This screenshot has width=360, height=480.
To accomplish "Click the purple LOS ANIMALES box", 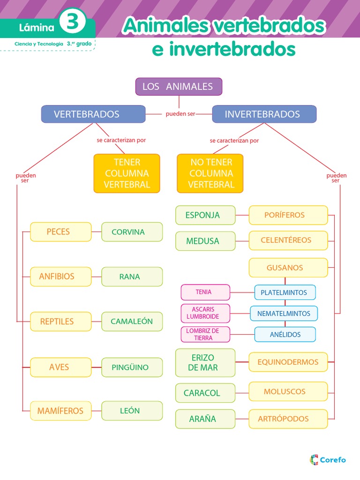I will [x=179, y=87].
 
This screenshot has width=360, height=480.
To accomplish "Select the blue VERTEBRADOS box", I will [x=93, y=114].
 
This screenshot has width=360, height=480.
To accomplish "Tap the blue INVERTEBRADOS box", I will [x=264, y=114].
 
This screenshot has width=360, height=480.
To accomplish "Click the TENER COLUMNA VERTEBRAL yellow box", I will [x=127, y=173].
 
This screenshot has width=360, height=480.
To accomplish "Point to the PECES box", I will [x=60, y=232].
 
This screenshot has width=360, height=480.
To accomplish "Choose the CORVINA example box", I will [x=132, y=232].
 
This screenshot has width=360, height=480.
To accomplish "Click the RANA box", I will [x=132, y=277].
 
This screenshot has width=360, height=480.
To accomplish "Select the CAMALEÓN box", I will [x=132, y=322].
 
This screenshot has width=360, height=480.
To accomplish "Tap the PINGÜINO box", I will [x=132, y=367].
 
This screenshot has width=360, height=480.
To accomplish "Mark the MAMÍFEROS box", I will [x=60, y=411].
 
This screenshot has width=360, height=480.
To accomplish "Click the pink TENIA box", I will [x=205, y=292].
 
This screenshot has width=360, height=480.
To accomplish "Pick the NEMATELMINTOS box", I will [x=284, y=314].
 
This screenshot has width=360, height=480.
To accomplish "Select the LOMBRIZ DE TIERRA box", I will [x=205, y=334].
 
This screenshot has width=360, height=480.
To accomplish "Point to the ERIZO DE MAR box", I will [x=205, y=362].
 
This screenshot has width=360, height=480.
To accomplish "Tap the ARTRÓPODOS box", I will [x=288, y=419].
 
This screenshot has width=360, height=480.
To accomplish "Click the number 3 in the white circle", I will [x=73, y=23].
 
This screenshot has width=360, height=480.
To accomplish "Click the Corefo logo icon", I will [x=314, y=460].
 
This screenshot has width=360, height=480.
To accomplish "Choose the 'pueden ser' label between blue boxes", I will [x=180, y=114].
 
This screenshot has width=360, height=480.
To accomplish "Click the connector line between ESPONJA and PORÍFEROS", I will [x=242, y=215].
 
